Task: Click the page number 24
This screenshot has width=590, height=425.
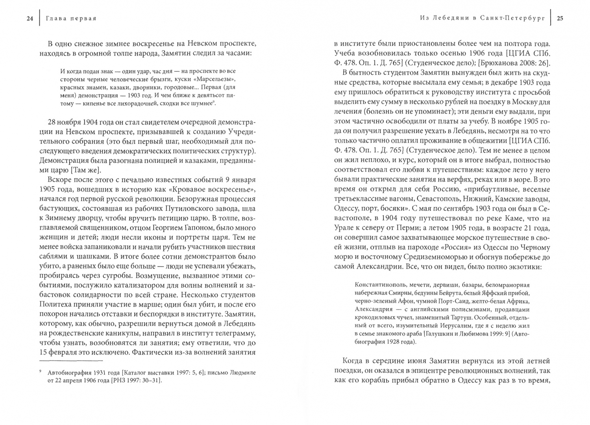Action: coord(30,18)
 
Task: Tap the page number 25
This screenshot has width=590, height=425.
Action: coord(560,18)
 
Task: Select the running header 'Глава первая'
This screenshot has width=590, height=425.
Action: coord(71,18)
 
